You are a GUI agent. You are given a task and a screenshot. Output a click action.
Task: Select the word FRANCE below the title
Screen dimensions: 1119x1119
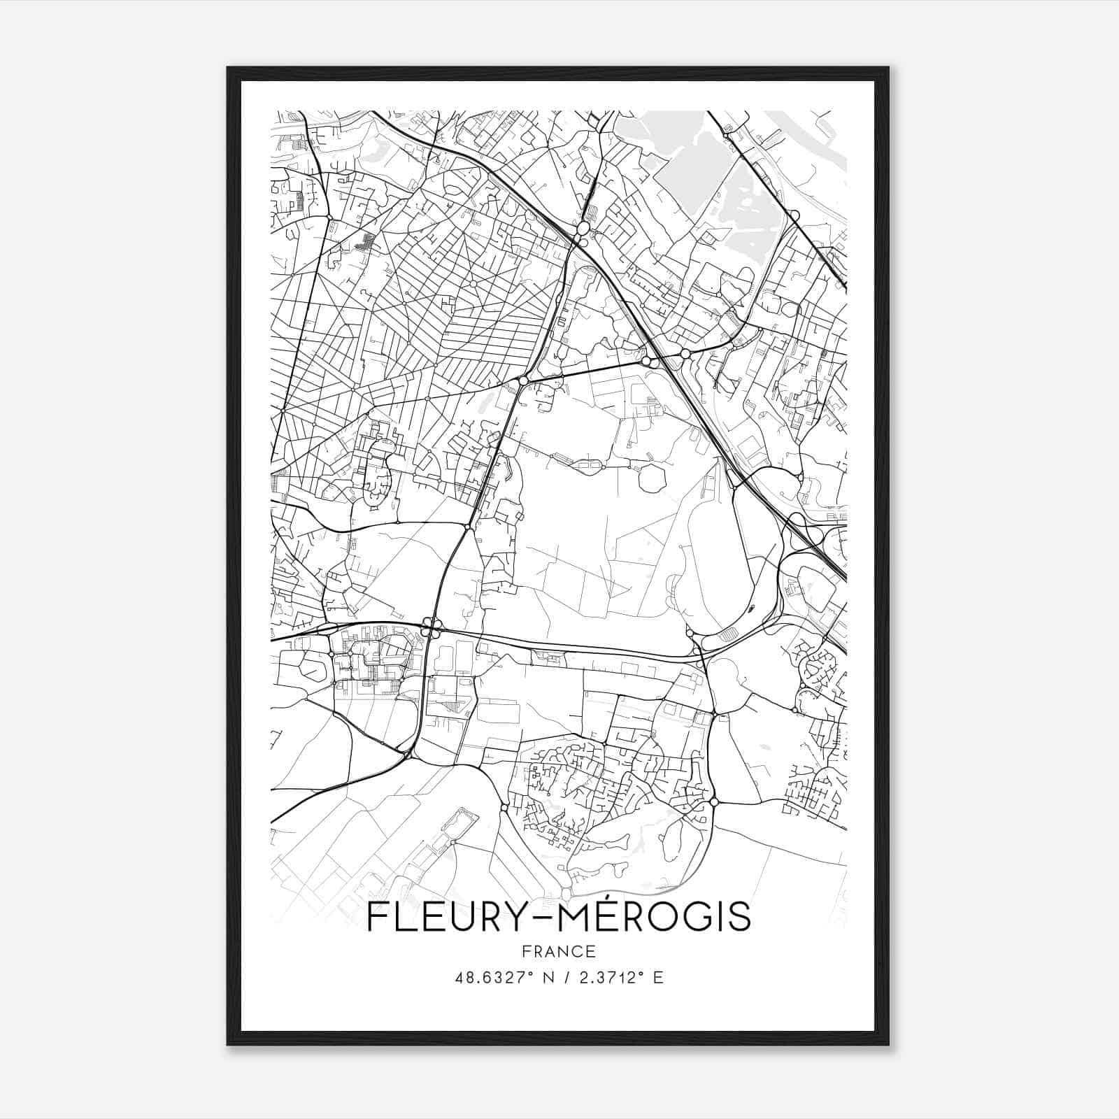coord(558,951)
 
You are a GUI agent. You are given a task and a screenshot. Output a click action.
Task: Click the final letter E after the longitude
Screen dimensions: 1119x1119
coord(657,978)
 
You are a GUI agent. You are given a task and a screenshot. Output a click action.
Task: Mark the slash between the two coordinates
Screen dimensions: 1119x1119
coord(564,978)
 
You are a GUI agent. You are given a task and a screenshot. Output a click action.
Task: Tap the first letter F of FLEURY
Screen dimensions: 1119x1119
coord(377,918)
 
